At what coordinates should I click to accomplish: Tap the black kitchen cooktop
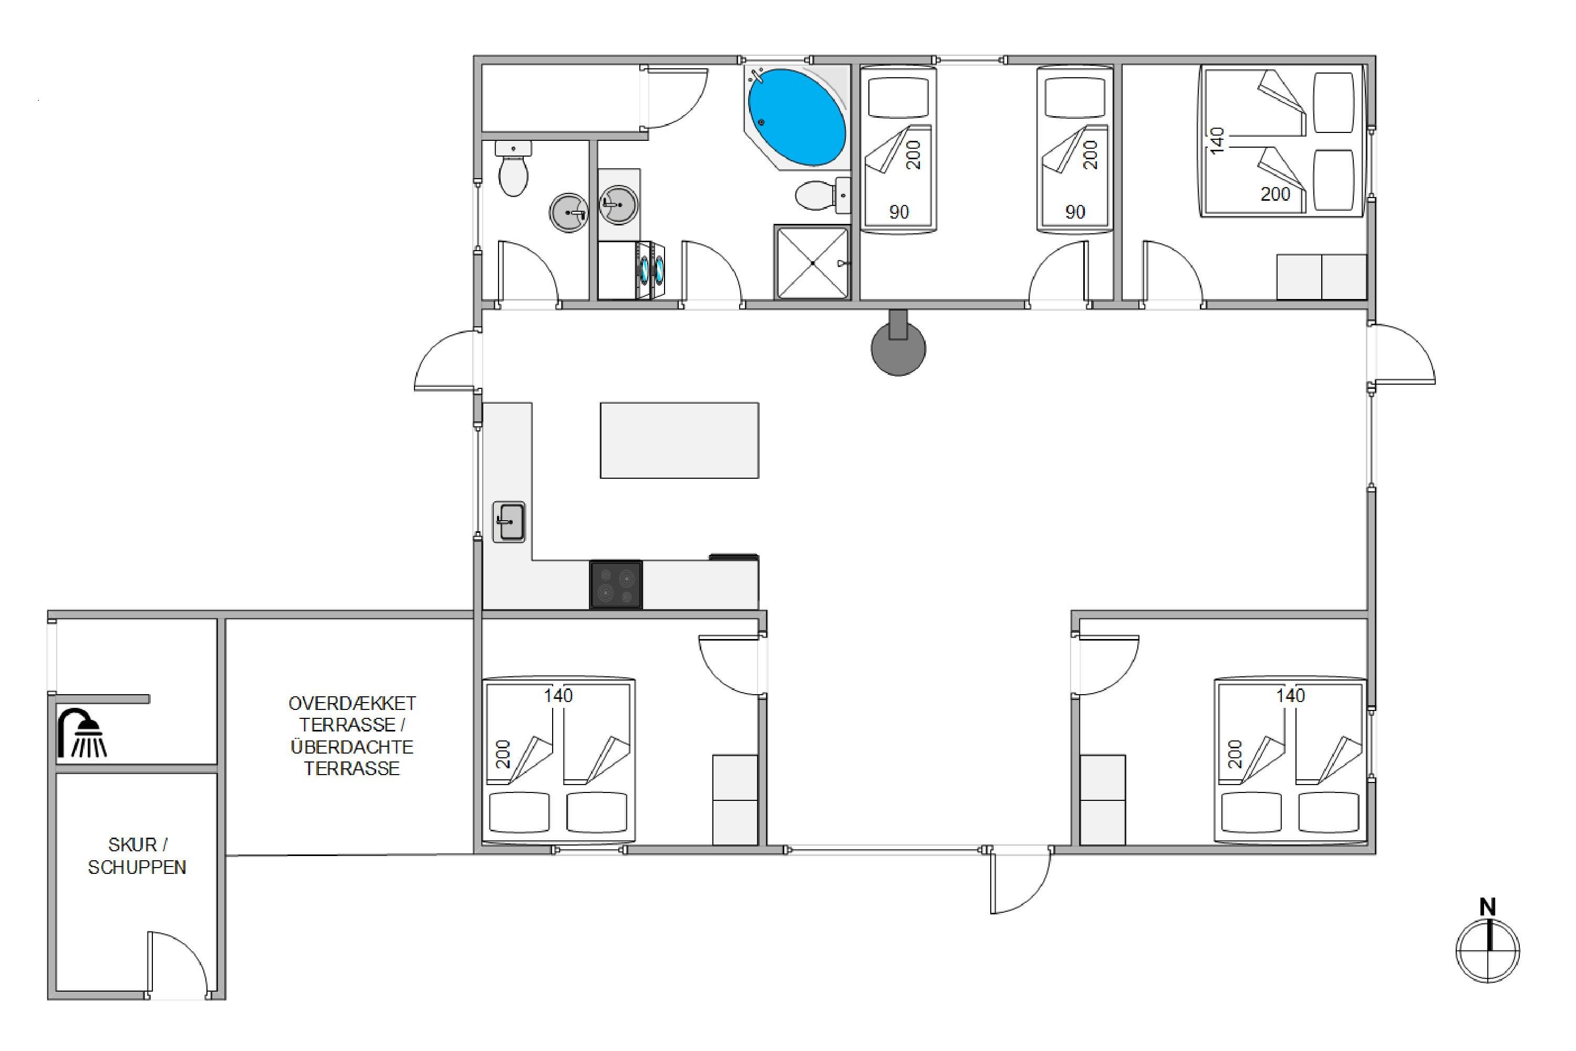(x=616, y=584)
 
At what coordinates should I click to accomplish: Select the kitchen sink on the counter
(x=509, y=521)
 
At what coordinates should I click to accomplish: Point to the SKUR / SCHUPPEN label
(x=137, y=856)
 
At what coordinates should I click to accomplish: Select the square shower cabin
(x=812, y=262)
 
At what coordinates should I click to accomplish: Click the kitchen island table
(x=679, y=440)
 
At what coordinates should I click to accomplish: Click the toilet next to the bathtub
(x=823, y=195)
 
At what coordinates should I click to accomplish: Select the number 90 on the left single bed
(x=898, y=212)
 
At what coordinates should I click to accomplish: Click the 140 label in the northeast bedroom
(x=1218, y=141)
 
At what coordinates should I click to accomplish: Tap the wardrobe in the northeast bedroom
(x=1321, y=277)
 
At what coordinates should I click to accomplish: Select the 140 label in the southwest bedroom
(x=558, y=696)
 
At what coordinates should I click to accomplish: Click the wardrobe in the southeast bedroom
(x=1102, y=800)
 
